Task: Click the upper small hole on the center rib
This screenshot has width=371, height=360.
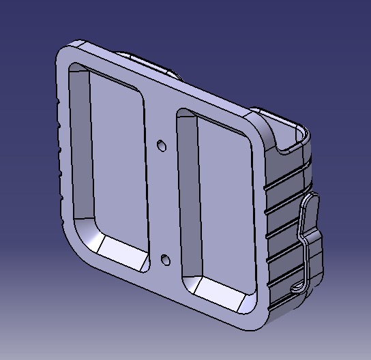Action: [162, 145]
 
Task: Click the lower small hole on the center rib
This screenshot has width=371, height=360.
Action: [166, 258]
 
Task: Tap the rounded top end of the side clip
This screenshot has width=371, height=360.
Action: [312, 198]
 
